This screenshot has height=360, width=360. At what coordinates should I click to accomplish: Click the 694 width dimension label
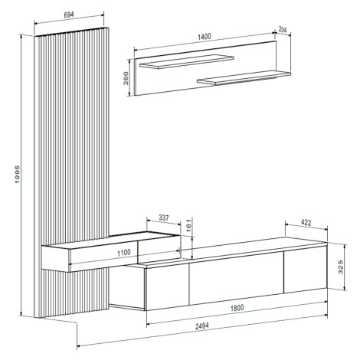[69, 15]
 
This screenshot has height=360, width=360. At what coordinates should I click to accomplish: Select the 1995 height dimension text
[18, 175]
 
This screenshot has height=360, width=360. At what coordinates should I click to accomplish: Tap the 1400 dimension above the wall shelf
[205, 37]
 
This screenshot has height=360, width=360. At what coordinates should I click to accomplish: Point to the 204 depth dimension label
[283, 29]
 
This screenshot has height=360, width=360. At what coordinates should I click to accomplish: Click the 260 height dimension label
[126, 78]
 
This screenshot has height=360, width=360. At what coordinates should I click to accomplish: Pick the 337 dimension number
[164, 218]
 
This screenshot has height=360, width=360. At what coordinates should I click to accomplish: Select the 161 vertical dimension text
[188, 225]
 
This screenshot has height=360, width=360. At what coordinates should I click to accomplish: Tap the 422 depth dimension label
[306, 223]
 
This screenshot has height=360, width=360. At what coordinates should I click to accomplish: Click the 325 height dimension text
[341, 267]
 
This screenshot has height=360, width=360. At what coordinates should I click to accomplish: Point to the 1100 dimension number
[124, 253]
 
